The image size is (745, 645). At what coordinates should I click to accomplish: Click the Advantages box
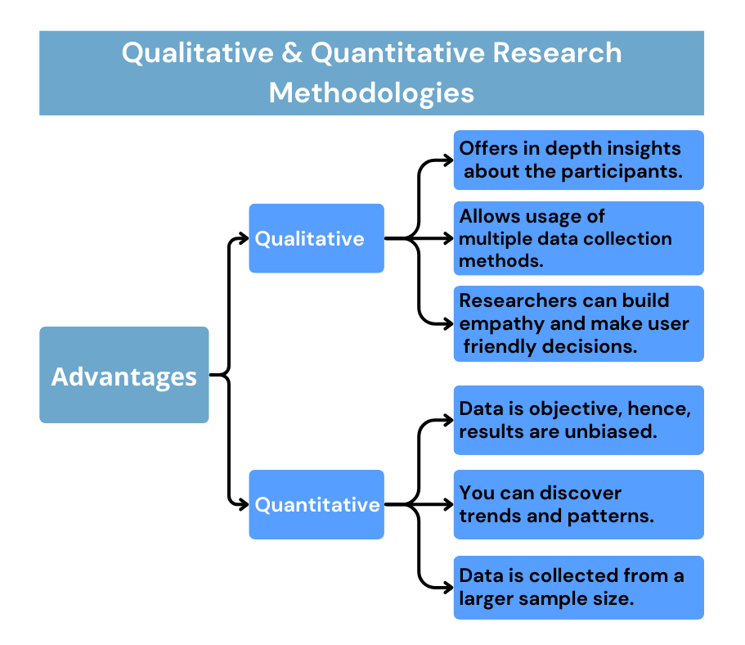(x=123, y=376)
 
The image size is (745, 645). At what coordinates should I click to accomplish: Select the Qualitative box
(x=316, y=238)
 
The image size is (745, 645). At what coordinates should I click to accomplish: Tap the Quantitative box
(x=316, y=504)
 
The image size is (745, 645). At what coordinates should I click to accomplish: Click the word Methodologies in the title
(x=371, y=92)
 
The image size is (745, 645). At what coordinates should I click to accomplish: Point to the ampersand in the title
(x=291, y=53)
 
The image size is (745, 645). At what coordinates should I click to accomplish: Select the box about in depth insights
(x=578, y=160)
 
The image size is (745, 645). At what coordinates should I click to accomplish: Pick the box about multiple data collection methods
(x=578, y=238)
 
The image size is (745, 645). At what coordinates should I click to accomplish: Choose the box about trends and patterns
(x=578, y=504)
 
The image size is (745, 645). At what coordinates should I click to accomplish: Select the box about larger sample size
(x=578, y=587)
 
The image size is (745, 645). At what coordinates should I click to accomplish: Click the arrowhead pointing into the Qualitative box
(x=243, y=238)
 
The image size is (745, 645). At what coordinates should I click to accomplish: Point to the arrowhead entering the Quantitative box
(x=243, y=504)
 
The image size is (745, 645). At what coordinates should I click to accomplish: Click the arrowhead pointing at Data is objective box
(x=447, y=420)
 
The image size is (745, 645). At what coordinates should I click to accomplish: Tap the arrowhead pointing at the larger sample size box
(x=447, y=587)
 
